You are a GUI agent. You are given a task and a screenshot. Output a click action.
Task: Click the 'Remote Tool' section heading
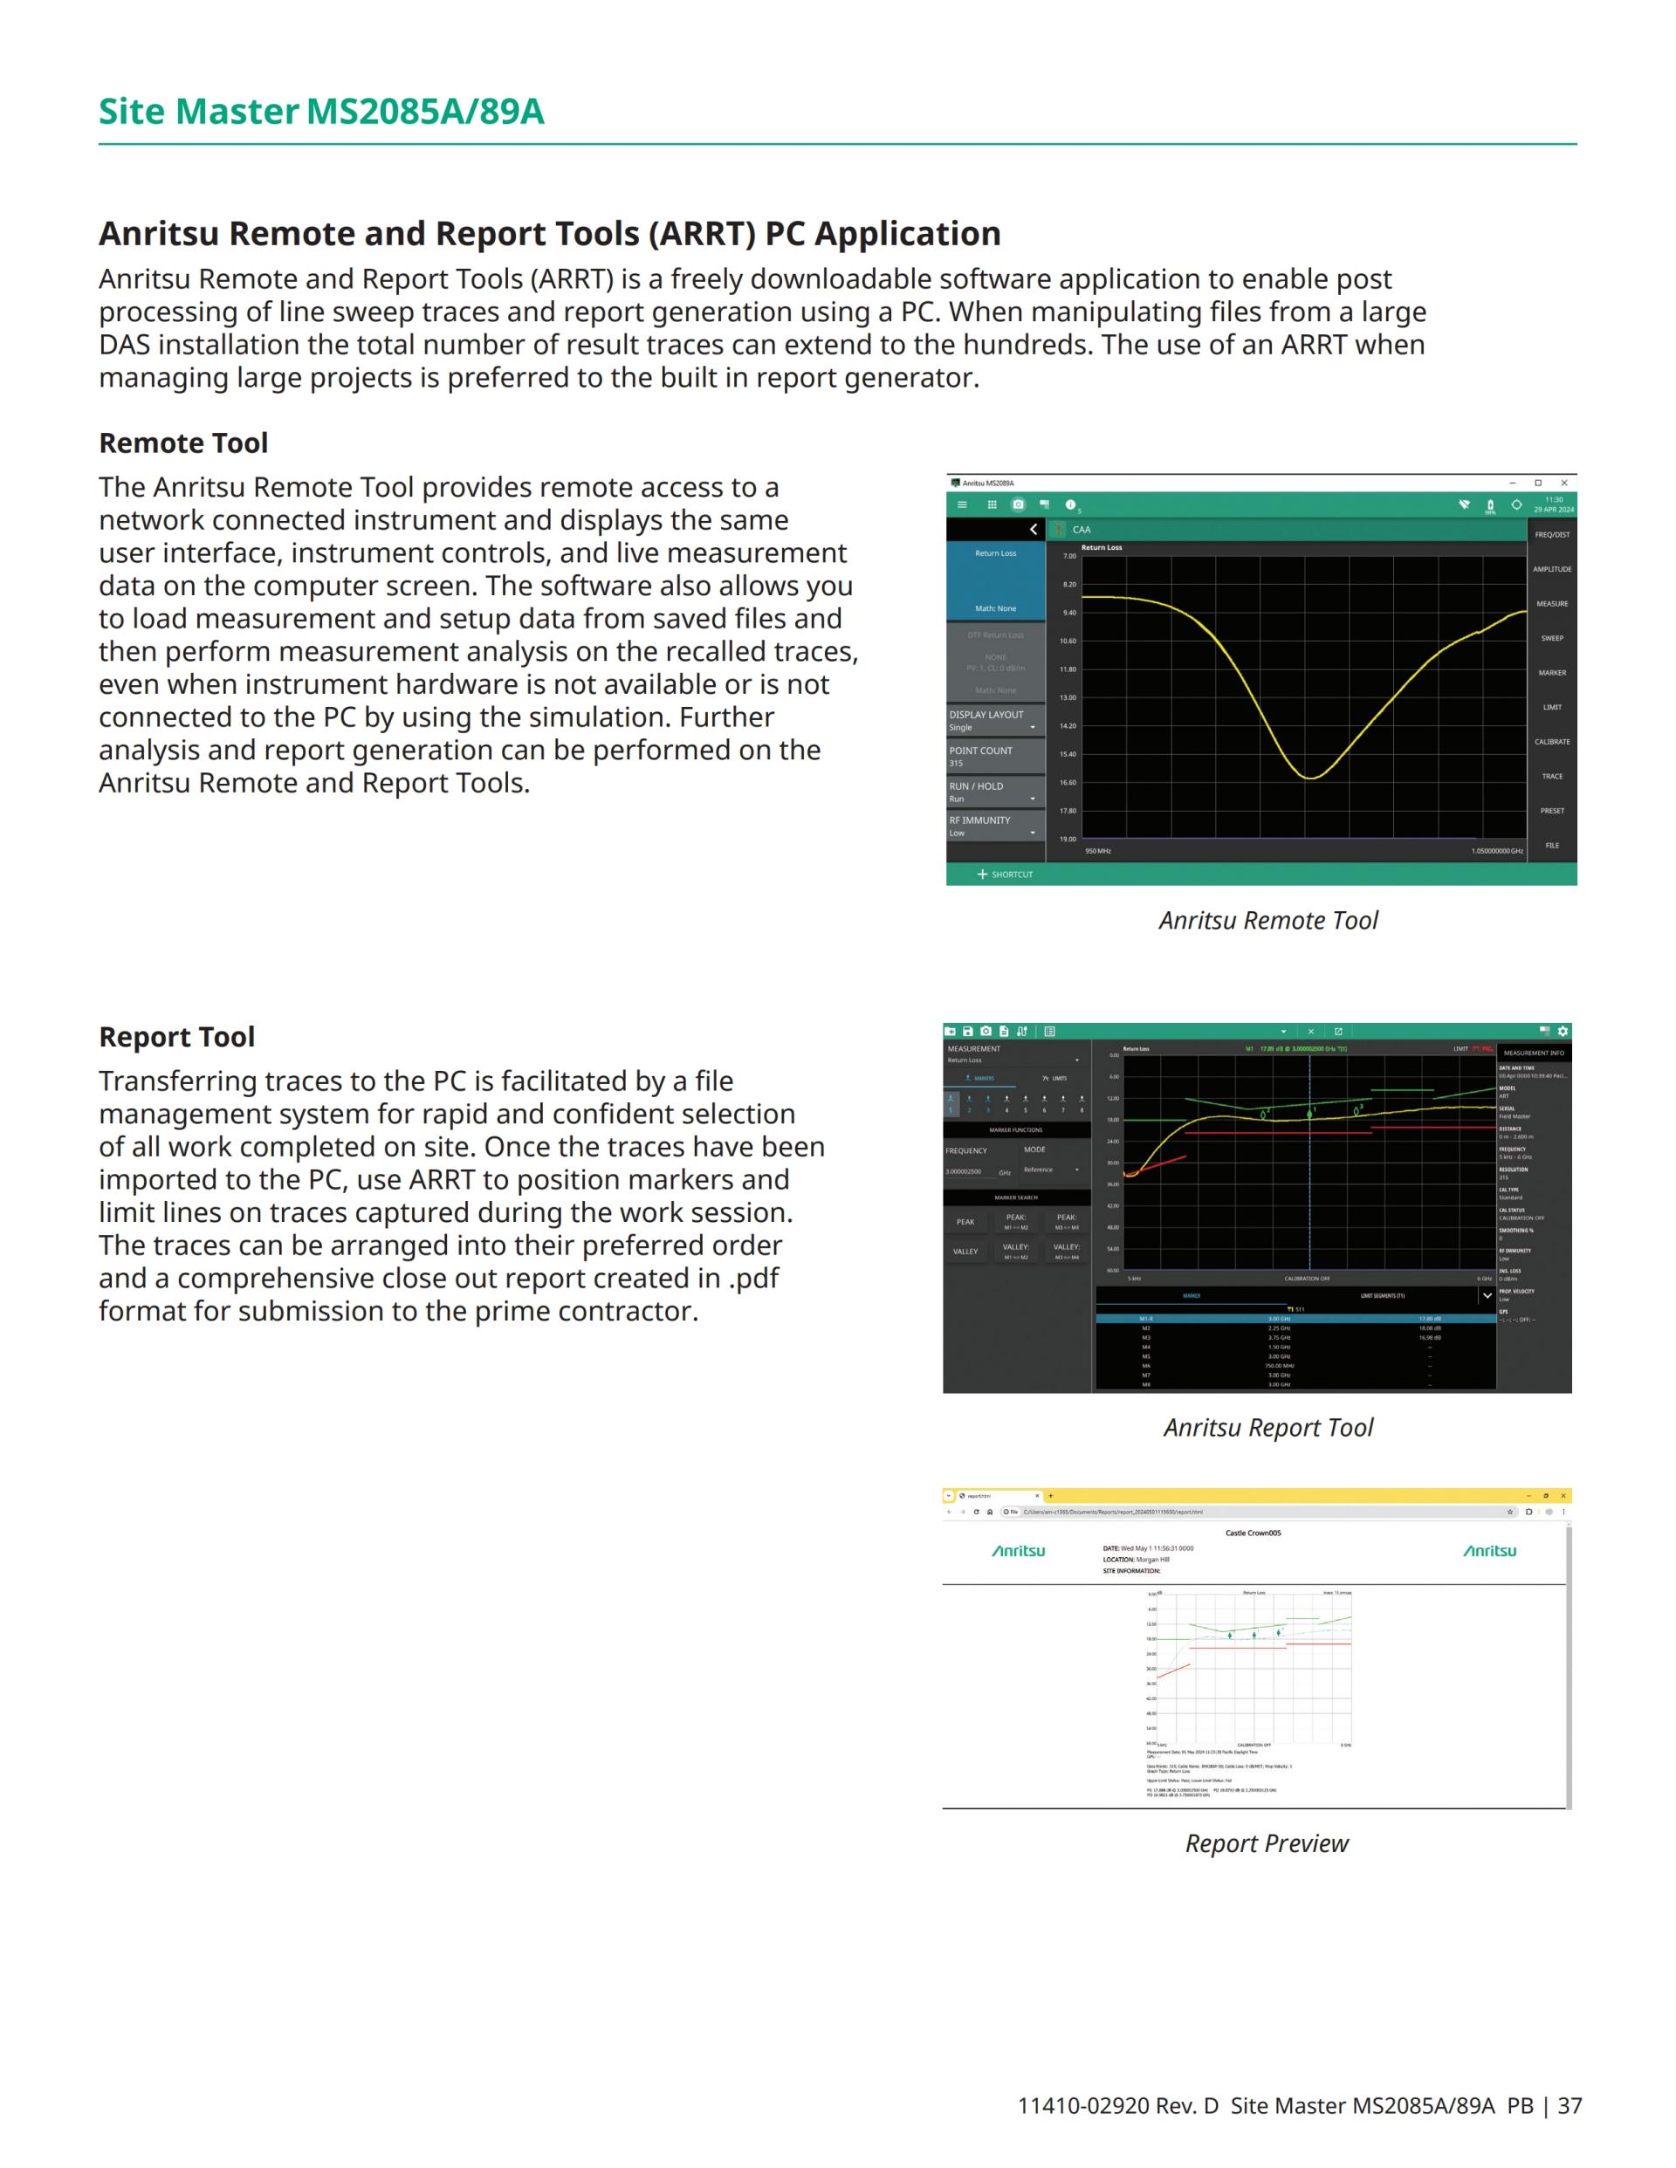[x=182, y=443]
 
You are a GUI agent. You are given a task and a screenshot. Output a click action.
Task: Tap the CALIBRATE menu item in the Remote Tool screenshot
[x=1552, y=742]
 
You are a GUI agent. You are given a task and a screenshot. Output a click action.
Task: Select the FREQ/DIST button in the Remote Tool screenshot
[x=1552, y=535]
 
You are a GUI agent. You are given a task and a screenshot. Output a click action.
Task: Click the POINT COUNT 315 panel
[x=995, y=757]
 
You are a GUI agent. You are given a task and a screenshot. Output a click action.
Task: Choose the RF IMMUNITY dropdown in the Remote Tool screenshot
[x=995, y=826]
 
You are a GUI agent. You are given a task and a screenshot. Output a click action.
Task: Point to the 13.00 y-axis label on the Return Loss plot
[x=1068, y=698]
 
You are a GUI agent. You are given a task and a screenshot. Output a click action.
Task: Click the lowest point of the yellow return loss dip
[x=1310, y=779]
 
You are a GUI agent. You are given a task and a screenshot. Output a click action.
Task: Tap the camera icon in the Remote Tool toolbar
[x=1018, y=504]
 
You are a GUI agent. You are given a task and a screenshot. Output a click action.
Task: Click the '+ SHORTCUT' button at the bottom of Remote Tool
[x=1005, y=875]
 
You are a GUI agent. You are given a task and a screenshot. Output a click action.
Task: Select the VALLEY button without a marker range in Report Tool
[x=965, y=1252]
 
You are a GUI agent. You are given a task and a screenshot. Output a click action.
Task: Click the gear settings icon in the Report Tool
[x=1563, y=1032]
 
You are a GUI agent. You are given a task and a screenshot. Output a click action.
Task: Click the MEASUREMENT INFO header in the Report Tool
[x=1533, y=1053]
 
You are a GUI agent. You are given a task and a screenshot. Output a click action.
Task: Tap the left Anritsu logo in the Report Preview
[x=1019, y=1551]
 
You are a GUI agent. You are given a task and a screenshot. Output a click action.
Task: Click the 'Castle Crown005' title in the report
[x=1253, y=1533]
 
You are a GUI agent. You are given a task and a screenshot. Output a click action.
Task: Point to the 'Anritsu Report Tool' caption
[x=1268, y=1428]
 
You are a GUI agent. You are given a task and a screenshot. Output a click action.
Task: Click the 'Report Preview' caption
[x=1267, y=1843]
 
